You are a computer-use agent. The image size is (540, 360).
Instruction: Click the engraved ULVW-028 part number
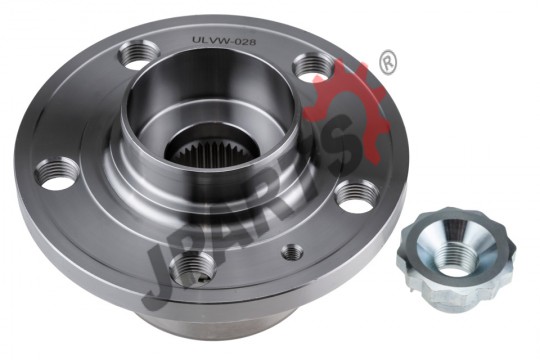(x=224, y=41)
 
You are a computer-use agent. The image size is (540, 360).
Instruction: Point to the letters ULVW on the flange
(x=210, y=41)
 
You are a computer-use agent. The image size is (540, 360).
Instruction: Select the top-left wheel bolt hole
(x=139, y=55)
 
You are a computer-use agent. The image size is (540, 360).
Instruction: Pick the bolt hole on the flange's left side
(x=58, y=173)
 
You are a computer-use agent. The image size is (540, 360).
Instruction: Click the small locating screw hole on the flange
(x=292, y=252)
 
